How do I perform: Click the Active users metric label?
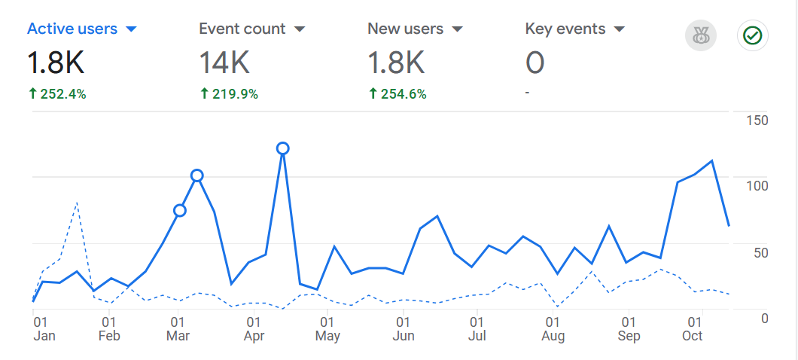coord(72,29)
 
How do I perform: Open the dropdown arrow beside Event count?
coord(300,29)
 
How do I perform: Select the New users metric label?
coord(405,29)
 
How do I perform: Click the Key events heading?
coord(565,29)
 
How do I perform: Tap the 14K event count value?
coord(224,63)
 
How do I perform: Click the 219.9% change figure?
coord(229,94)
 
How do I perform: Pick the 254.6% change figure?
coord(397,94)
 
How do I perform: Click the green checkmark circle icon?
coord(751,35)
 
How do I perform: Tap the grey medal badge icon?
coord(701,35)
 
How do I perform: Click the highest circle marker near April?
coord(283,148)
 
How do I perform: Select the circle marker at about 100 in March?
coord(197,175)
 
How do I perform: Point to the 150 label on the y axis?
coord(756,121)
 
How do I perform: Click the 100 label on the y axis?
coord(756,186)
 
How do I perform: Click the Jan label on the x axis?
coord(44,336)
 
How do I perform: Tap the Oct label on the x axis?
coord(693,336)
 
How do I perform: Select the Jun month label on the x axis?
coord(404,336)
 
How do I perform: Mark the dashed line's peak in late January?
coord(77,203)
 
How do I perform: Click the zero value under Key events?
coord(535,63)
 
